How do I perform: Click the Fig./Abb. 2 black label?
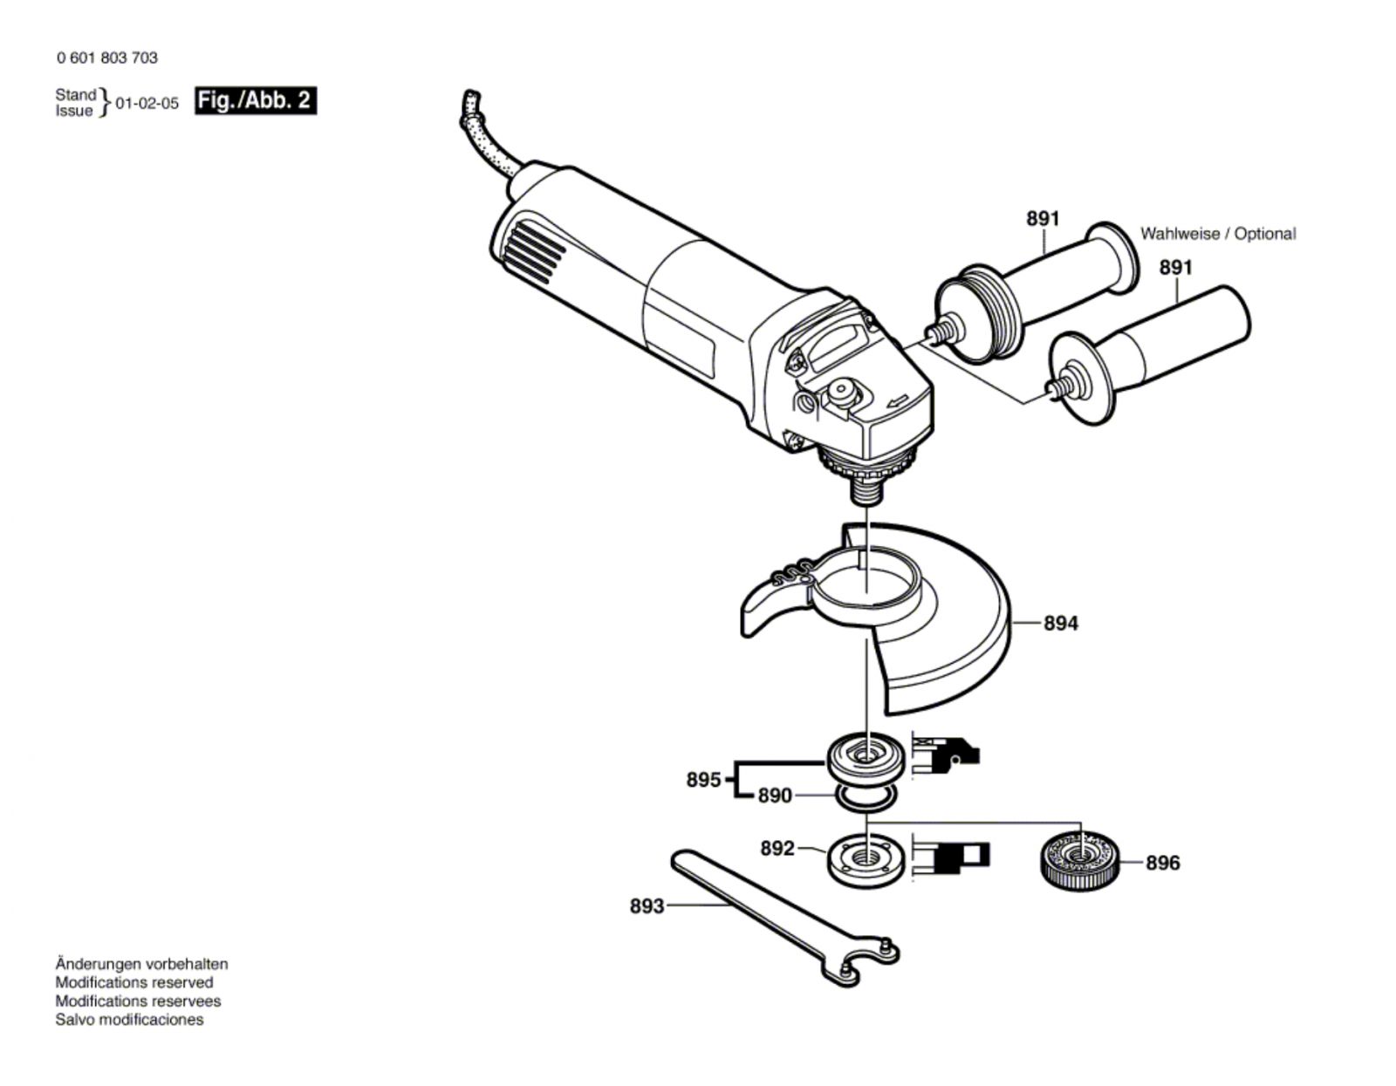[255, 100]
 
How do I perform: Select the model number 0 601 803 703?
[107, 58]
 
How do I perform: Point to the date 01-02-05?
[147, 104]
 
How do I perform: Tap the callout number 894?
[1060, 624]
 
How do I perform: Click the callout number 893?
[647, 906]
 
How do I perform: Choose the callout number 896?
[1162, 863]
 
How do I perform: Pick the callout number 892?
[777, 848]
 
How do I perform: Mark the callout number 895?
[703, 779]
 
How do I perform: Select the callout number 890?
[775, 796]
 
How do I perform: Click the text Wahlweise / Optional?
[1218, 234]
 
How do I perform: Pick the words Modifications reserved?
[134, 982]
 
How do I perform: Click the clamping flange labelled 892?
[865, 859]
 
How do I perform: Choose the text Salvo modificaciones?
[129, 1020]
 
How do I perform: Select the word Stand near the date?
[76, 94]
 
